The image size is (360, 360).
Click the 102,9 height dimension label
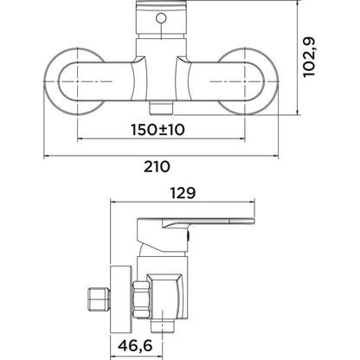click(310, 57)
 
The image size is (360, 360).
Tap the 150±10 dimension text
click(157, 130)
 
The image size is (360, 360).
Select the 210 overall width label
click(157, 167)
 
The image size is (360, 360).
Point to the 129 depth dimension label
click(183, 193)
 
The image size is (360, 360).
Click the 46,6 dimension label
click(135, 345)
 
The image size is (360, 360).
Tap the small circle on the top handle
click(161, 18)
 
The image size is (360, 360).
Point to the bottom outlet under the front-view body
click(161, 107)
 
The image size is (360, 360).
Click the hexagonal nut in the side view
click(140, 300)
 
